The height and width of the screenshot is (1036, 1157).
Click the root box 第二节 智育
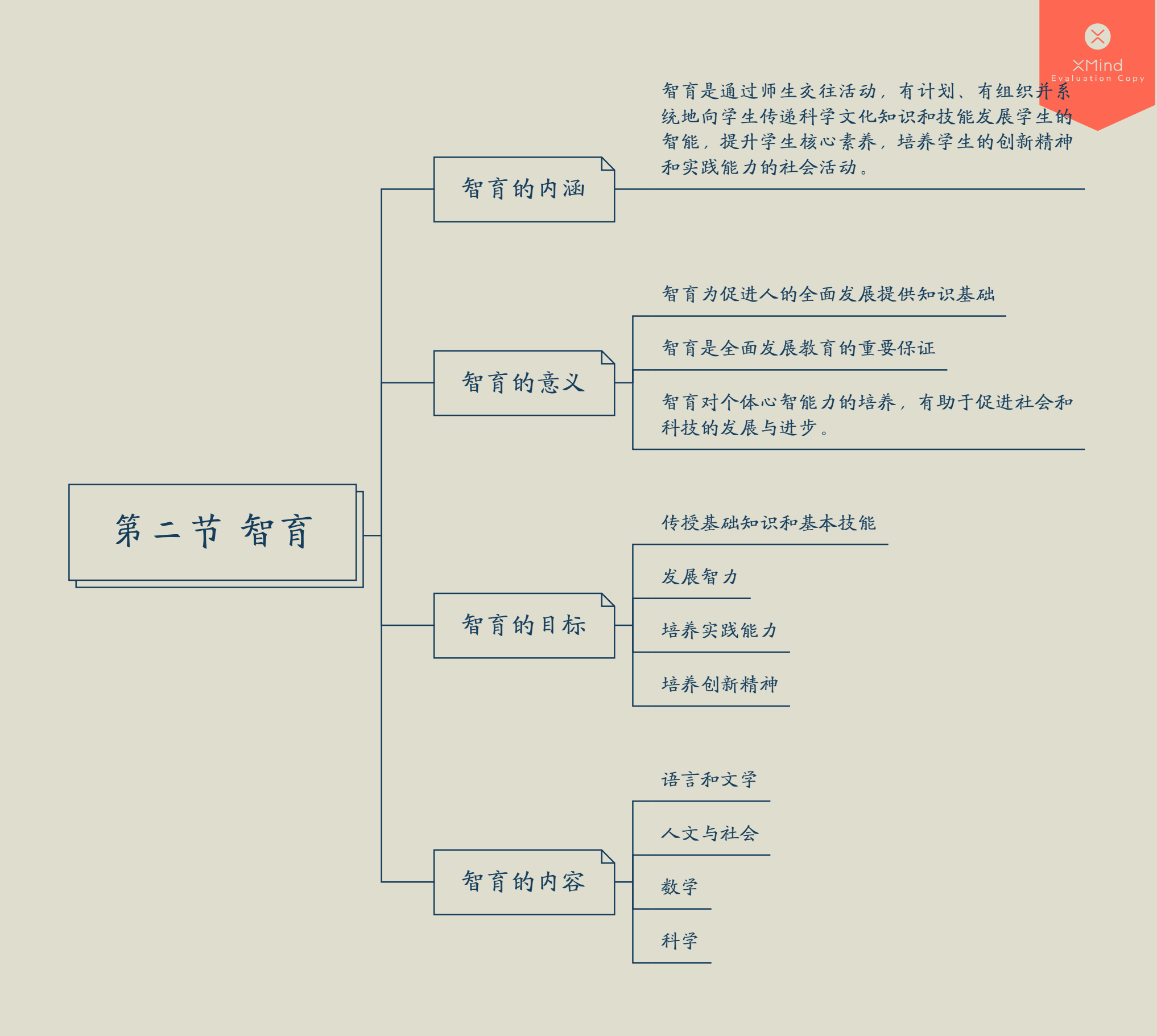coord(212,532)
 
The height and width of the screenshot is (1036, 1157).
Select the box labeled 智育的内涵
coord(523,189)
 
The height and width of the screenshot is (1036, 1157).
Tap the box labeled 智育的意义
coord(523,382)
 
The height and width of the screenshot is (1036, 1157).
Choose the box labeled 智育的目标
coord(523,625)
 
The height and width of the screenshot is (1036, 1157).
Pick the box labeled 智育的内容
coord(523,882)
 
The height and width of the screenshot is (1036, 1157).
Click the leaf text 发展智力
coord(700,577)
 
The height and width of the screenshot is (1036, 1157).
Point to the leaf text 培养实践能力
coord(720,630)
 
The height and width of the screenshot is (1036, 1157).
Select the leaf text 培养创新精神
coord(720,684)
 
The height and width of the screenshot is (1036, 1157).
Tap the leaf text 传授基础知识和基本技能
coord(768,523)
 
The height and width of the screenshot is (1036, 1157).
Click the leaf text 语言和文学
coord(709,779)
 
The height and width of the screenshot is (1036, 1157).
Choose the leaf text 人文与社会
coord(710,833)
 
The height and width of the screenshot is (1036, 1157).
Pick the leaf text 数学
coord(680,887)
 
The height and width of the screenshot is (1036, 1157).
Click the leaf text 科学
coord(680,941)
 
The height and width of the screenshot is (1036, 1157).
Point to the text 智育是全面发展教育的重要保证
coord(799,348)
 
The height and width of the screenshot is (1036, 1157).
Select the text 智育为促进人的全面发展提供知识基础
coord(828,294)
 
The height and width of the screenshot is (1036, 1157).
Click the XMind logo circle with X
coord(1097,36)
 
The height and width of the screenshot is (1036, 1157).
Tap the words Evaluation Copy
coord(1097,79)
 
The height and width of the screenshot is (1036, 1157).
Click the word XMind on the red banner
coord(1097,65)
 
